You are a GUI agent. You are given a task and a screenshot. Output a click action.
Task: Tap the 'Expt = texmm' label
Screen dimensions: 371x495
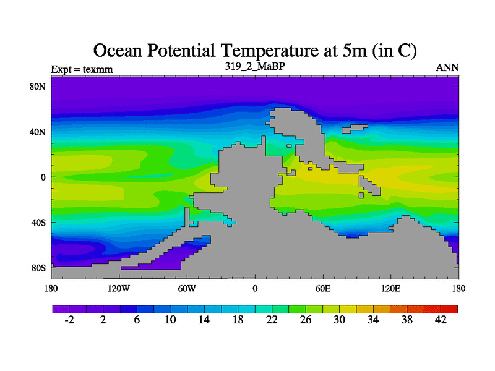click(x=82, y=69)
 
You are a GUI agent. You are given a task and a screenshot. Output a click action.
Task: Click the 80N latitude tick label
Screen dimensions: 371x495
click(x=38, y=87)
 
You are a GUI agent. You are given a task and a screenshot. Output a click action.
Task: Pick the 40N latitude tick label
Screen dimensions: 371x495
click(x=38, y=132)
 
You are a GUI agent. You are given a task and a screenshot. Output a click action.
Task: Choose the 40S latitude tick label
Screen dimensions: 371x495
click(x=38, y=223)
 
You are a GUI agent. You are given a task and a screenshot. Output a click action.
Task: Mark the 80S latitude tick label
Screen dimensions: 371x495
click(x=38, y=268)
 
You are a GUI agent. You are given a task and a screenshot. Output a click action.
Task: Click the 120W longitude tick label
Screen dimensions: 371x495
click(x=118, y=289)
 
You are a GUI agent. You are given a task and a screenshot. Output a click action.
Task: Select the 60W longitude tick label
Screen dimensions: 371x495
click(x=187, y=289)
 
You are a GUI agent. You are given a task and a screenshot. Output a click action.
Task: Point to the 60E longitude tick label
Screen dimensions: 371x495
click(x=323, y=289)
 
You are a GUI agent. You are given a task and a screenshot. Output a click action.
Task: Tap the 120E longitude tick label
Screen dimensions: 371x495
click(x=391, y=289)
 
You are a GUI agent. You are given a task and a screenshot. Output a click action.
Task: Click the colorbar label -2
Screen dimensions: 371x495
click(x=69, y=320)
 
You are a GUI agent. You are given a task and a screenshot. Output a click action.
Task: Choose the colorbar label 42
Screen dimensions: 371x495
click(x=441, y=320)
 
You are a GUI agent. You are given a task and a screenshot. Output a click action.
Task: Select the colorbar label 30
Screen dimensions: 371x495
click(x=340, y=320)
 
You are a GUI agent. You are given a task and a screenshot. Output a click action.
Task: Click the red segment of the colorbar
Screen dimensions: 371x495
click(x=449, y=309)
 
